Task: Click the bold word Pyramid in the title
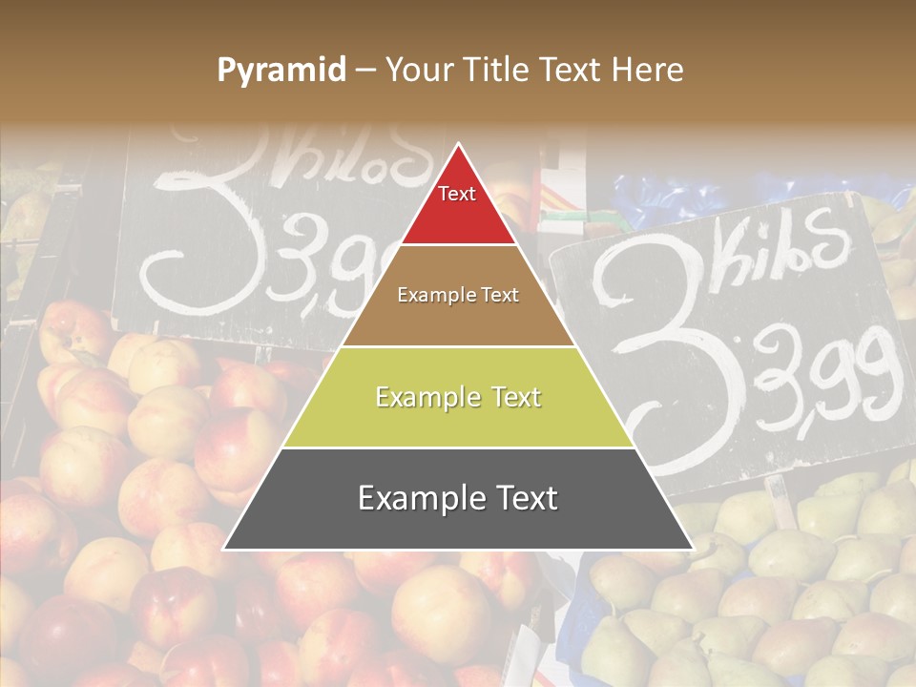click(281, 71)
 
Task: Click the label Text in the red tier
click(457, 194)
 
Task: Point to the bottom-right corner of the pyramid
click(693, 549)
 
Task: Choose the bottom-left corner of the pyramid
click(224, 549)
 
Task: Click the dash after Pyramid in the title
click(365, 71)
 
